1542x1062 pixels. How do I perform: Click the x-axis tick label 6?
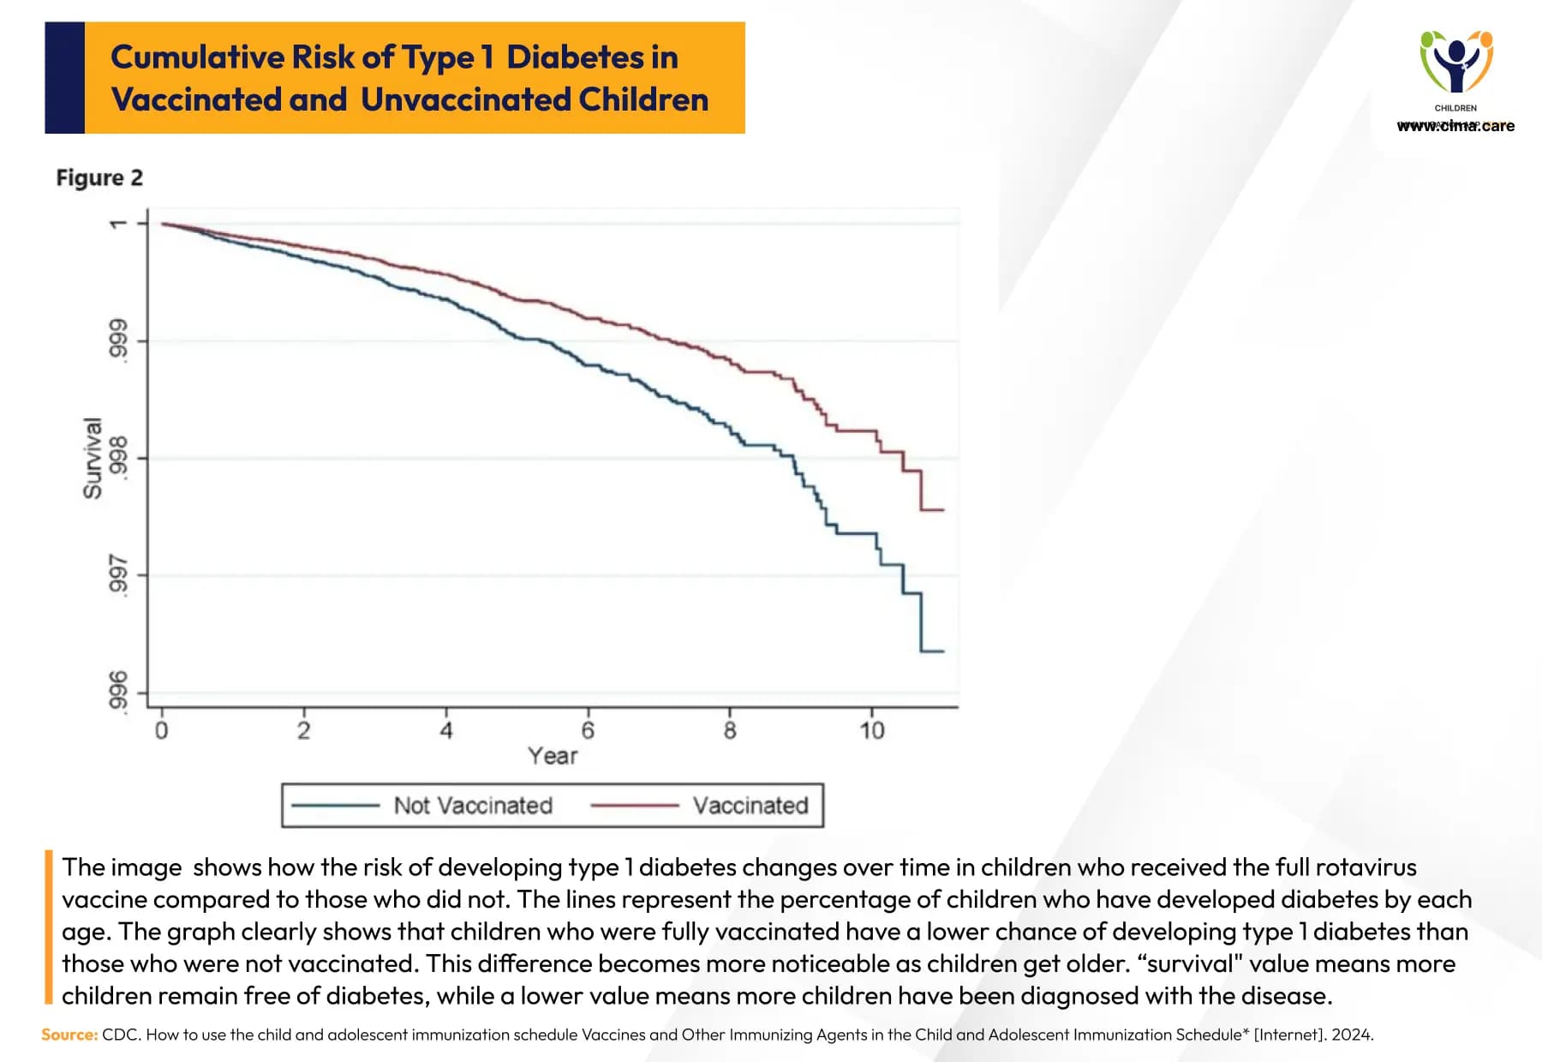588,730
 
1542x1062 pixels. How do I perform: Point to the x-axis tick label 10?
871,730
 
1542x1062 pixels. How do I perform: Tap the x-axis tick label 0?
161,730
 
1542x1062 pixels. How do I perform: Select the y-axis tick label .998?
118,459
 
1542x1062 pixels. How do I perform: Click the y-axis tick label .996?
118,692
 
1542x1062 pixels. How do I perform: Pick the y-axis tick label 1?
118,224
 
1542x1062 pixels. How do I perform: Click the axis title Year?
553,756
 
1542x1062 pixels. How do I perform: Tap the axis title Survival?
93,459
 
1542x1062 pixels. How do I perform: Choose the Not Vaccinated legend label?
473,806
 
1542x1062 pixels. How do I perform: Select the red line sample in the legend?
635,806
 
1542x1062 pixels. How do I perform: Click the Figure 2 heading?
99,177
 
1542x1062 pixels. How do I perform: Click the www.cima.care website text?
1455,126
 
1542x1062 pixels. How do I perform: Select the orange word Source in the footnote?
69,1035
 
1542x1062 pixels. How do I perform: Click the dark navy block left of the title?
64,78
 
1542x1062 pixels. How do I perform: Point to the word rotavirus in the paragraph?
1366,867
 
